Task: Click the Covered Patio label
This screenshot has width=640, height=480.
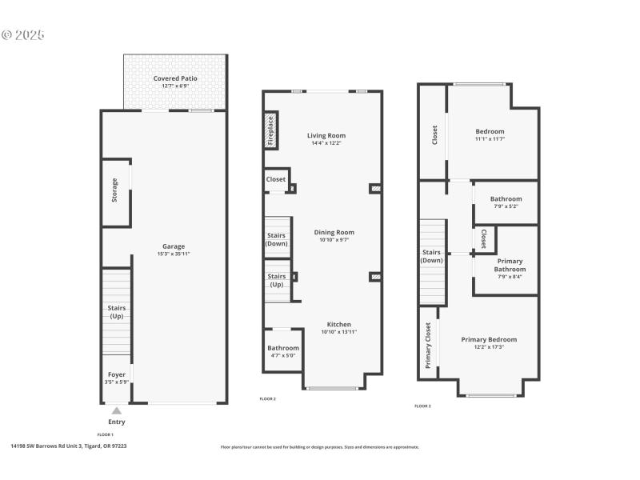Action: pyautogui.click(x=175, y=78)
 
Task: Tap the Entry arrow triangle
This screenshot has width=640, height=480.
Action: pyautogui.click(x=116, y=410)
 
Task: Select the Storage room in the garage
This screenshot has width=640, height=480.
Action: pyautogui.click(x=115, y=190)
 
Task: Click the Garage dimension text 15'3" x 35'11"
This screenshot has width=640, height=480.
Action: pyautogui.click(x=174, y=254)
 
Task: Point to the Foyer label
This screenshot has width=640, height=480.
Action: pyautogui.click(x=116, y=374)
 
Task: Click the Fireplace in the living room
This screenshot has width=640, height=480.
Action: pyautogui.click(x=270, y=130)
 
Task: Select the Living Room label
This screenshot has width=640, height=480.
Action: pyautogui.click(x=326, y=135)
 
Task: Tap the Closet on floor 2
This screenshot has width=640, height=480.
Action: pyautogui.click(x=276, y=179)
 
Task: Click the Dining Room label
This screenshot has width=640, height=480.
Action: pyautogui.click(x=334, y=232)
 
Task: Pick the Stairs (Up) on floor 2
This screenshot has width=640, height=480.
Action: pyautogui.click(x=277, y=280)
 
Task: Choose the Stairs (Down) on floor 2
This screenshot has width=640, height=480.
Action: pyautogui.click(x=277, y=238)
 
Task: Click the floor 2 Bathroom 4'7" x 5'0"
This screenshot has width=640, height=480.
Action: pyautogui.click(x=283, y=351)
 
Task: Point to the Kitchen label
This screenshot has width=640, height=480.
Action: pyautogui.click(x=339, y=324)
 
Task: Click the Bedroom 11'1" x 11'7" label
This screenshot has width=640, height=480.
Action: pyautogui.click(x=490, y=131)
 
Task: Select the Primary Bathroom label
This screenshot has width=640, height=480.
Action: pyautogui.click(x=510, y=265)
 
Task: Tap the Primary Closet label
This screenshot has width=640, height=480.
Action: pyautogui.click(x=428, y=345)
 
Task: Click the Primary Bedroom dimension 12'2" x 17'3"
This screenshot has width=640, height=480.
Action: pyautogui.click(x=489, y=346)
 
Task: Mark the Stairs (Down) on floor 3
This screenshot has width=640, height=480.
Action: pyautogui.click(x=432, y=256)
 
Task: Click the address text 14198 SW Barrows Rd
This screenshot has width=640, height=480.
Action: pyautogui.click(x=68, y=446)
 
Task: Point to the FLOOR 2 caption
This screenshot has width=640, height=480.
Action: pyautogui.click(x=268, y=398)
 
